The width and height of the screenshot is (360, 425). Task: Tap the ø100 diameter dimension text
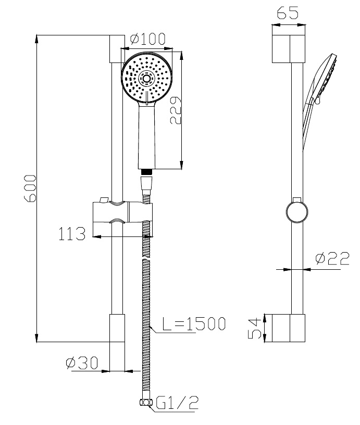coord(148,39)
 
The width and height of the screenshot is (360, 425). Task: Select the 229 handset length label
coord(176,110)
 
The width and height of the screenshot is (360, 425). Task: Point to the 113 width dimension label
coord(72,234)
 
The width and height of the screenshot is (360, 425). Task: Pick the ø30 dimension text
coord(82,362)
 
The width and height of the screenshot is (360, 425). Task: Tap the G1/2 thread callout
coord(177,403)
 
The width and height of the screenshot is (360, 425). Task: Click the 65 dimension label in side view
coord(288,12)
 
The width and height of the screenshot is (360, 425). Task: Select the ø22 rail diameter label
coord(332,258)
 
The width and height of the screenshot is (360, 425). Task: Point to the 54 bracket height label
coord(255,329)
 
